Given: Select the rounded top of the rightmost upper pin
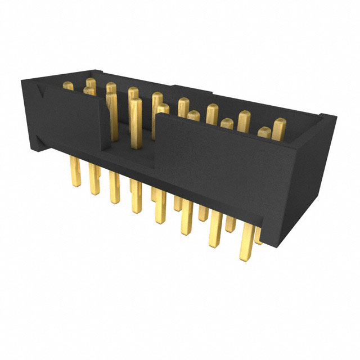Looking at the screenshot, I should click(x=280, y=123).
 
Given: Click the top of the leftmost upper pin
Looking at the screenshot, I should click(x=68, y=85).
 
